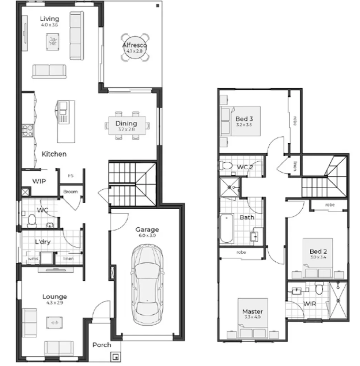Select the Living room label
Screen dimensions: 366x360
[x=49, y=19]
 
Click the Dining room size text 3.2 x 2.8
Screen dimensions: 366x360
[x=126, y=130]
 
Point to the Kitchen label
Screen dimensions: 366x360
[x=54, y=154]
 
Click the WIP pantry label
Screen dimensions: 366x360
[x=39, y=181]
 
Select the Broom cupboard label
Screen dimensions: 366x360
[x=70, y=192]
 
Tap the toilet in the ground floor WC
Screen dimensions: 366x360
[x=32, y=221]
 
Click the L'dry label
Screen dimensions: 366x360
[x=42, y=242]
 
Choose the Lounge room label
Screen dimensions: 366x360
[x=54, y=296]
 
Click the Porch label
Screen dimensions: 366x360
[x=102, y=345]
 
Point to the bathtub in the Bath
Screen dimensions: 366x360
[x=227, y=228]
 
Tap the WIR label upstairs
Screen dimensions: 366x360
[x=309, y=304]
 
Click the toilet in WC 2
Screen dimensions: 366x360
[x=226, y=165]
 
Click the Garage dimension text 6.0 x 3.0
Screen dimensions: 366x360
[x=147, y=236]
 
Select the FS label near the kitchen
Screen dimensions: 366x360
[x=71, y=176]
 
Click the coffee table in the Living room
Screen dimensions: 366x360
[x=53, y=42]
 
